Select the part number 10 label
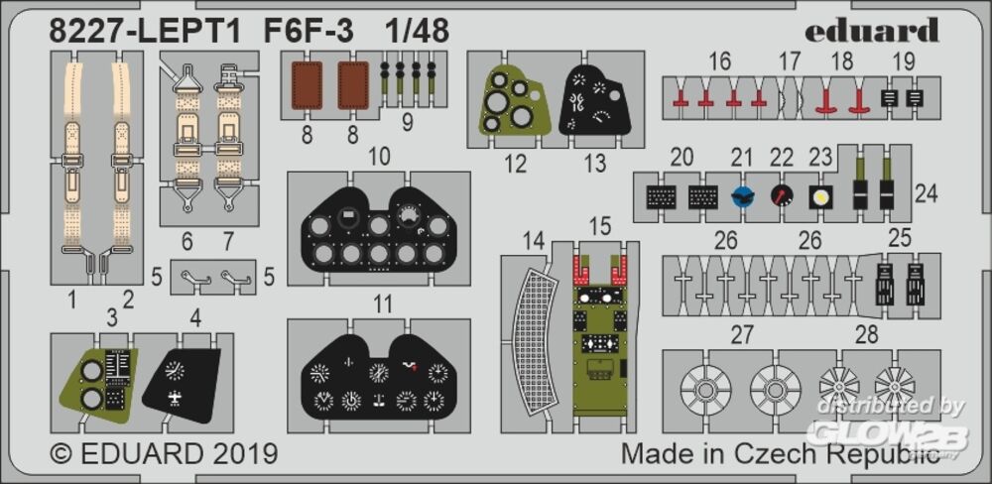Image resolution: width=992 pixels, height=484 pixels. coord(379,157)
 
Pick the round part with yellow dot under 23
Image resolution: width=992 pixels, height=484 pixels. coord(820,197)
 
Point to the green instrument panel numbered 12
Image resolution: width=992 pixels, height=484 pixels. coord(510,104)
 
